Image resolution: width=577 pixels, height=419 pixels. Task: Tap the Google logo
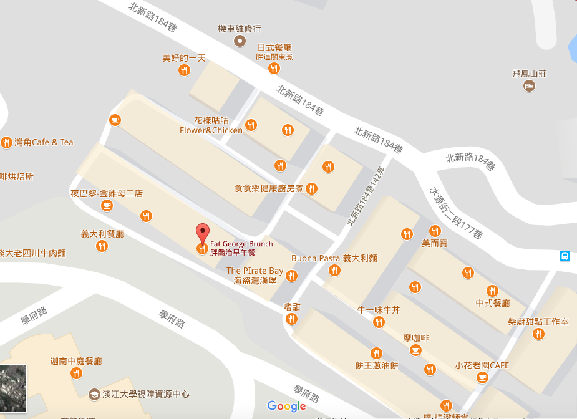point(286,406)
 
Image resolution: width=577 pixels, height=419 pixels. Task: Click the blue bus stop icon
point(565,256)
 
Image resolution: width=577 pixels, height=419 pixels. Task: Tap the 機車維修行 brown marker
point(239,41)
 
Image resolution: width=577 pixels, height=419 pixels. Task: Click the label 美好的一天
point(184,58)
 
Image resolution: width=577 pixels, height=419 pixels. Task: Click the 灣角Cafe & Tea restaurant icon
point(6,142)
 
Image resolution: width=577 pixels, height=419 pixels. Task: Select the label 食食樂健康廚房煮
point(269,188)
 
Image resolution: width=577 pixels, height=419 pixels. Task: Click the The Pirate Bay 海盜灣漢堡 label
point(255,276)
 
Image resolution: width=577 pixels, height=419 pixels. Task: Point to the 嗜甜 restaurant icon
point(291,319)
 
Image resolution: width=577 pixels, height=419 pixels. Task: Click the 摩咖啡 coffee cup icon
point(415,350)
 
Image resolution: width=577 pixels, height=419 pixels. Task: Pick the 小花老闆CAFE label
point(482,365)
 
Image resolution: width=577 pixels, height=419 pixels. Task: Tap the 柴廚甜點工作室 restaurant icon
point(538,334)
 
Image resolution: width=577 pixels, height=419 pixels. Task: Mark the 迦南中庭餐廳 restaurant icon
point(76,373)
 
